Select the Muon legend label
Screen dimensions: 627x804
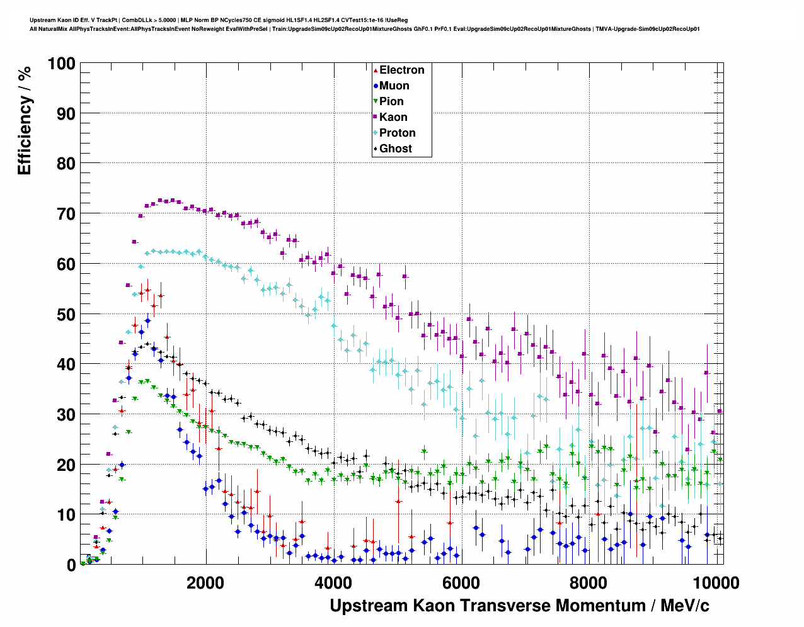click(x=394, y=86)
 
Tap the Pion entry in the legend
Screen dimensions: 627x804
click(x=391, y=101)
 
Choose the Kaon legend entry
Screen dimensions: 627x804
click(x=393, y=117)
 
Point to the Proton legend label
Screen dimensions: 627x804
click(x=397, y=133)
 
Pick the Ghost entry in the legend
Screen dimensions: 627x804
click(x=395, y=149)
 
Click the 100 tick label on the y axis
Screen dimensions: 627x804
click(x=61, y=64)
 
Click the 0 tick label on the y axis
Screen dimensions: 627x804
click(x=71, y=565)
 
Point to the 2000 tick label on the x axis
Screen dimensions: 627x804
click(x=205, y=582)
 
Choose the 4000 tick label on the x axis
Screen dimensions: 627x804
click(x=333, y=582)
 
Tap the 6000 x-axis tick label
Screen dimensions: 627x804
click(x=461, y=582)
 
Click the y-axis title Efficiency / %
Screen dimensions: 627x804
click(x=24, y=120)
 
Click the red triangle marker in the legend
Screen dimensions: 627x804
click(x=376, y=70)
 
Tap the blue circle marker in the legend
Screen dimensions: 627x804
click(x=376, y=86)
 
